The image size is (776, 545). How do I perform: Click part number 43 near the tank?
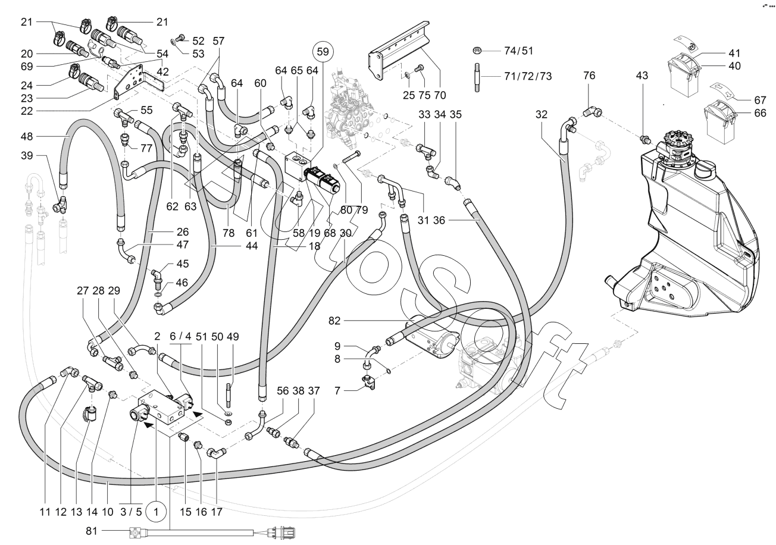643,76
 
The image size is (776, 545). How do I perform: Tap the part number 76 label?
589,77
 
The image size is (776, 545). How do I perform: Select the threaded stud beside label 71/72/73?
477,77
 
